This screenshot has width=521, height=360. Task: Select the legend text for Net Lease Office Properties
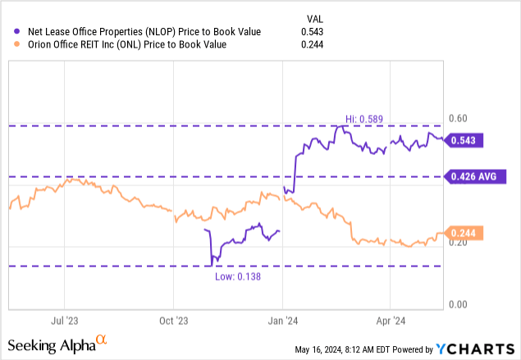(144, 31)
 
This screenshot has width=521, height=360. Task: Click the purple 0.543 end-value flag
(464, 140)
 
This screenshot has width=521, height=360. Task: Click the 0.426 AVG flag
(473, 176)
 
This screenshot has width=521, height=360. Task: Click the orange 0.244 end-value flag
(464, 233)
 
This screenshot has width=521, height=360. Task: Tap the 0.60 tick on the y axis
(459, 119)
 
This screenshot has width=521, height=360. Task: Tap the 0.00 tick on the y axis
(459, 304)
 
